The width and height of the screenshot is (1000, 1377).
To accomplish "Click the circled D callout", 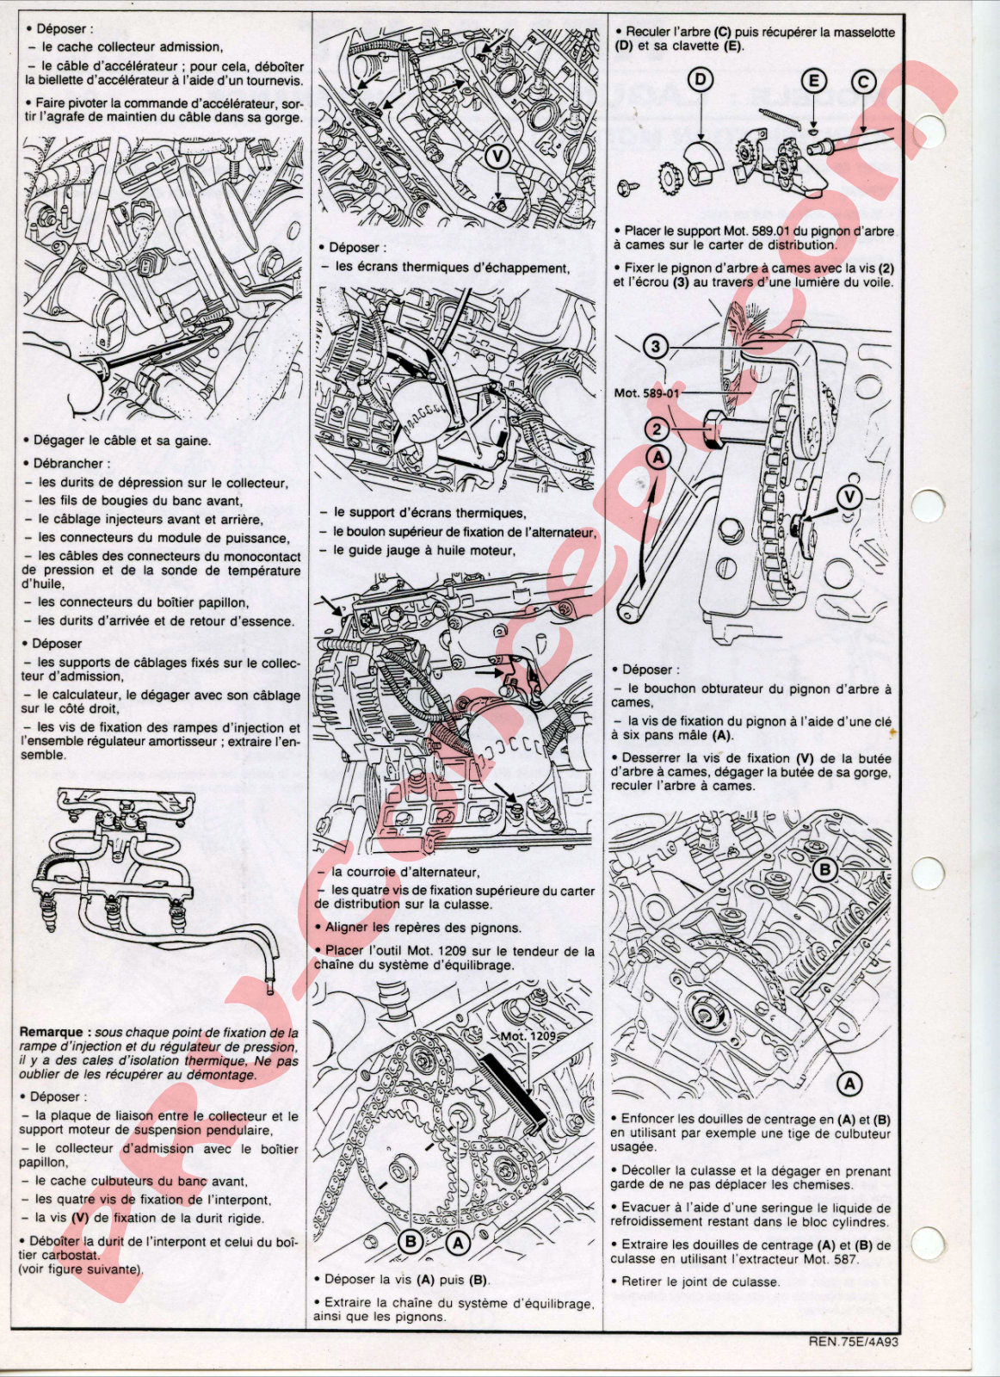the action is coord(701,80).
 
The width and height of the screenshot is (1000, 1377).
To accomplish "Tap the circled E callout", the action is coord(813,82).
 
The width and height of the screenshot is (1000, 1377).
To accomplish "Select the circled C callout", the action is coord(863,82).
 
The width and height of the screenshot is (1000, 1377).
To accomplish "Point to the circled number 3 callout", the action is coord(656,348).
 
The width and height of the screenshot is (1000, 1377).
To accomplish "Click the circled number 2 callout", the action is coord(657,429).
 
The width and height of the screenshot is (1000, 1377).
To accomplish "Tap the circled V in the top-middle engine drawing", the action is coord(498,157).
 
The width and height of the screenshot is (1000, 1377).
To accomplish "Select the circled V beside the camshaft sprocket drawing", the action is coord(850,497).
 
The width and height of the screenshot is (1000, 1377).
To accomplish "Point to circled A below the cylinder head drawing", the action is coord(849,1084).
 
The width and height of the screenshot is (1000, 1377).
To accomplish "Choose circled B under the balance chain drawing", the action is coord(411,1241).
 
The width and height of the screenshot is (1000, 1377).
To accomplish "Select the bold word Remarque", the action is coord(56,1032).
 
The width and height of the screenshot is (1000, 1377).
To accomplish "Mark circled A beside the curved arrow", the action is coord(658,458).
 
